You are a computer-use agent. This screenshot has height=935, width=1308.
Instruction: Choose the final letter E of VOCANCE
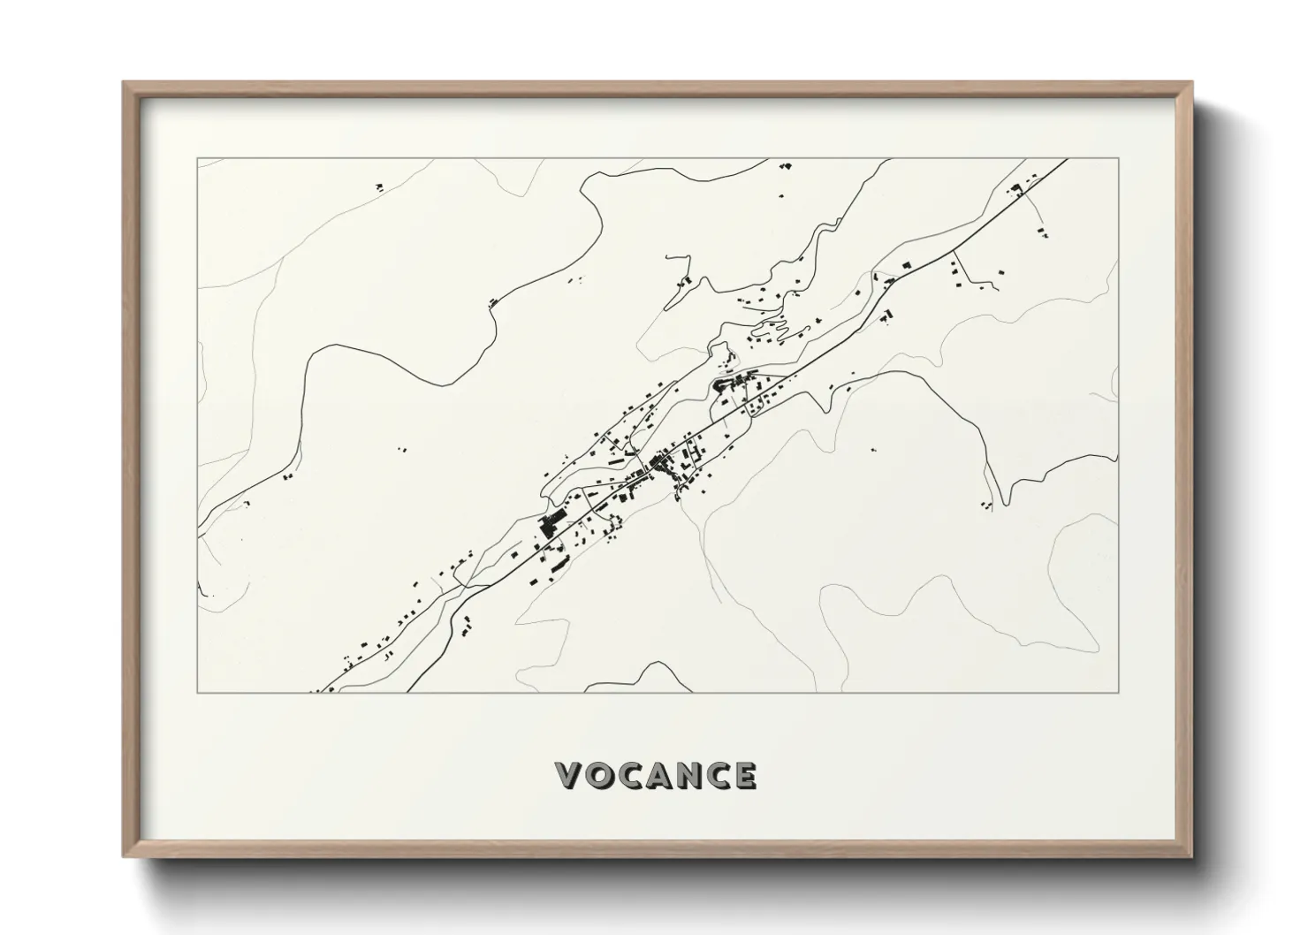(x=745, y=776)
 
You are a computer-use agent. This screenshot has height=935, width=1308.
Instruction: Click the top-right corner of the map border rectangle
(x=1118, y=159)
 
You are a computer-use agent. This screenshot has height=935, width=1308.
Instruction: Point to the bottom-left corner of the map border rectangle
(x=197, y=692)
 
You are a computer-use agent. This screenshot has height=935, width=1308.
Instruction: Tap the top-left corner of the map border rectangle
(x=197, y=159)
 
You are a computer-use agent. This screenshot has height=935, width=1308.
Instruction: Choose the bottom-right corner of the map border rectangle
(x=1118, y=692)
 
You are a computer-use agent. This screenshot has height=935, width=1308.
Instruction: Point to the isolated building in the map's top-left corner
(x=378, y=186)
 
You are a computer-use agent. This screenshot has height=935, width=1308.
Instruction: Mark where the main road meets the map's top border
(x=1068, y=160)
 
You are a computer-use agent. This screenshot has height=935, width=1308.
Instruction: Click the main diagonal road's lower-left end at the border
(x=319, y=691)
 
